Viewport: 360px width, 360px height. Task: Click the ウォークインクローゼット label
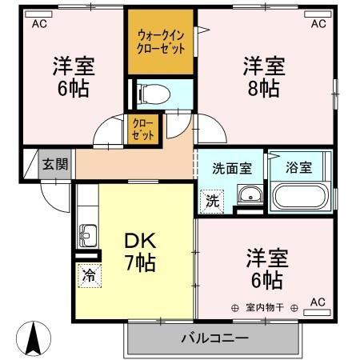[162, 42]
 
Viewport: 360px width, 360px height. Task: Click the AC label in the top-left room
[39, 24]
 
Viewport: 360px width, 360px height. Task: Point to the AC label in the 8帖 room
[318, 24]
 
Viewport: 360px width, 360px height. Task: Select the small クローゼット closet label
[145, 130]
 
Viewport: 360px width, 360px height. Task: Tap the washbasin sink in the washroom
[250, 195]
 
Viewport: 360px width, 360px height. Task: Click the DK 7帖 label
[138, 250]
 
